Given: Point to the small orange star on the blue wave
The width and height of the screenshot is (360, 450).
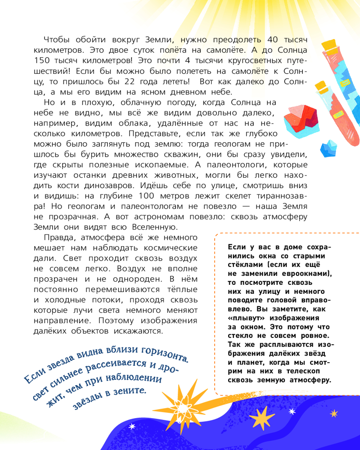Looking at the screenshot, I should click(x=333, y=413).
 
